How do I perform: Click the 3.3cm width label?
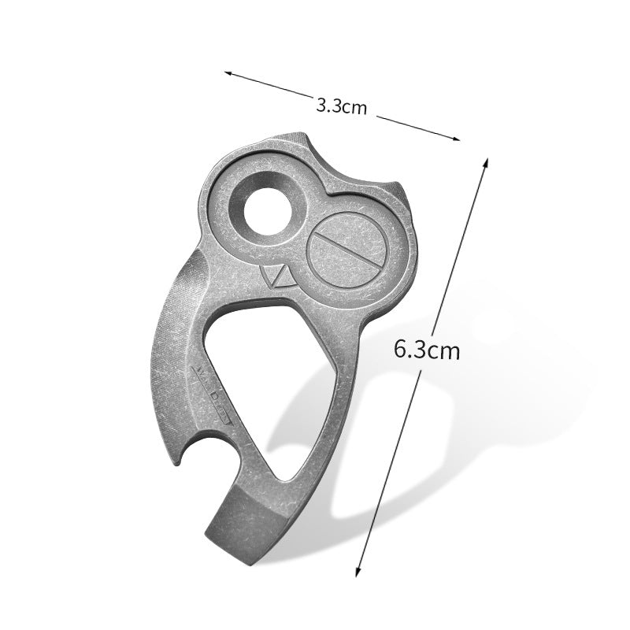click(x=341, y=106)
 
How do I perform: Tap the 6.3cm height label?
click(x=426, y=349)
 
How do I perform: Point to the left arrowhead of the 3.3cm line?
click(x=228, y=73)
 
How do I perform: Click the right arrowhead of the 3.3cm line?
click(x=456, y=139)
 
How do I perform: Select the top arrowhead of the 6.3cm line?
click(x=486, y=161)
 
